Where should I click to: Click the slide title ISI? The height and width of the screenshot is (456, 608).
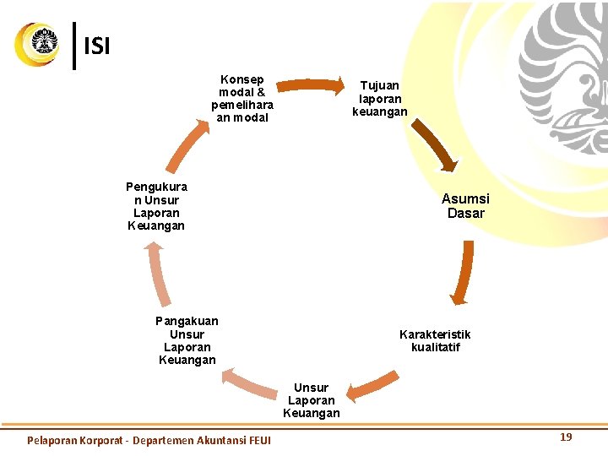pyautogui.click(x=97, y=46)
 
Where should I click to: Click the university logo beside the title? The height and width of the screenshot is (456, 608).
pyautogui.click(x=38, y=45)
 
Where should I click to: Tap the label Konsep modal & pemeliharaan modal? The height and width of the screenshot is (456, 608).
pyautogui.click(x=242, y=99)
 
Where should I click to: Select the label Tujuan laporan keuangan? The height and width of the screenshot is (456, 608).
pyautogui.click(x=379, y=98)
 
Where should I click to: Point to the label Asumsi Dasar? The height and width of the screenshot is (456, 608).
pyautogui.click(x=465, y=206)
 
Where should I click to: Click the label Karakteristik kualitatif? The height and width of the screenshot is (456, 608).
pyautogui.click(x=435, y=340)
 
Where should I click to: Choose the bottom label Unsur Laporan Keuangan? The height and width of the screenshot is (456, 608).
pyautogui.click(x=311, y=400)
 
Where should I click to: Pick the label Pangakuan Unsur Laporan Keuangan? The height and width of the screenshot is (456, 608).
pyautogui.click(x=187, y=340)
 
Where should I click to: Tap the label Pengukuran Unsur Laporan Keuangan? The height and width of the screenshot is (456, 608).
pyautogui.click(x=156, y=206)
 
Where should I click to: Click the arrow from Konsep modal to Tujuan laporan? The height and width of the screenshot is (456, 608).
pyautogui.click(x=310, y=84)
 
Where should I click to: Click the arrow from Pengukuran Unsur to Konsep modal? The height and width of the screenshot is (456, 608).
pyautogui.click(x=187, y=144)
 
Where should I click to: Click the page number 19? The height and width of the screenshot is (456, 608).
pyautogui.click(x=566, y=437)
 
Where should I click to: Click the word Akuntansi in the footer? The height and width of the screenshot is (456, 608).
pyautogui.click(x=215, y=440)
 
